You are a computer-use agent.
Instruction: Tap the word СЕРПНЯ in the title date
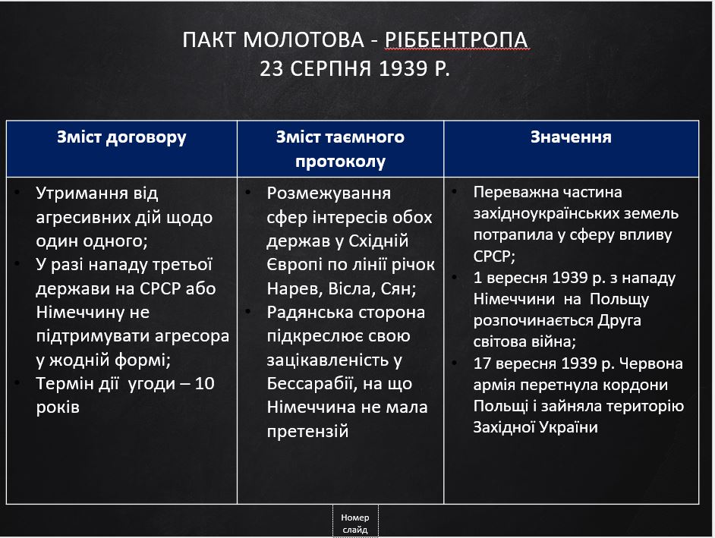[330, 70]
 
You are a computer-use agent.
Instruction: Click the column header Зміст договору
[121, 137]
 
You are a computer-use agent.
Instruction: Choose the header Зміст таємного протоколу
[340, 149]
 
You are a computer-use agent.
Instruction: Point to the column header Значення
[571, 137]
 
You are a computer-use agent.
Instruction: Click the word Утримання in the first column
[75, 193]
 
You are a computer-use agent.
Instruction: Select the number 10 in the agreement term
[203, 384]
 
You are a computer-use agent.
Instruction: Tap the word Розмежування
[329, 193]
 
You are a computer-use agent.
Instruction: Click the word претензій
[307, 432]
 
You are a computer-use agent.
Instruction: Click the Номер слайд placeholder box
[355, 523]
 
